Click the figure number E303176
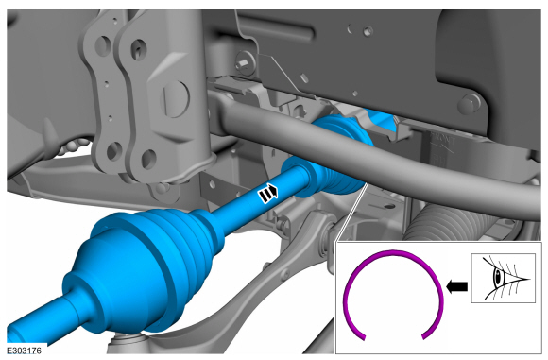[25, 350]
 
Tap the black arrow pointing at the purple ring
[456, 286]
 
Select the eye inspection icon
[504, 278]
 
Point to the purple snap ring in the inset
[394, 252]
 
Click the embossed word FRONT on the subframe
[442, 141]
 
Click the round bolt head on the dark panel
[470, 103]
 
